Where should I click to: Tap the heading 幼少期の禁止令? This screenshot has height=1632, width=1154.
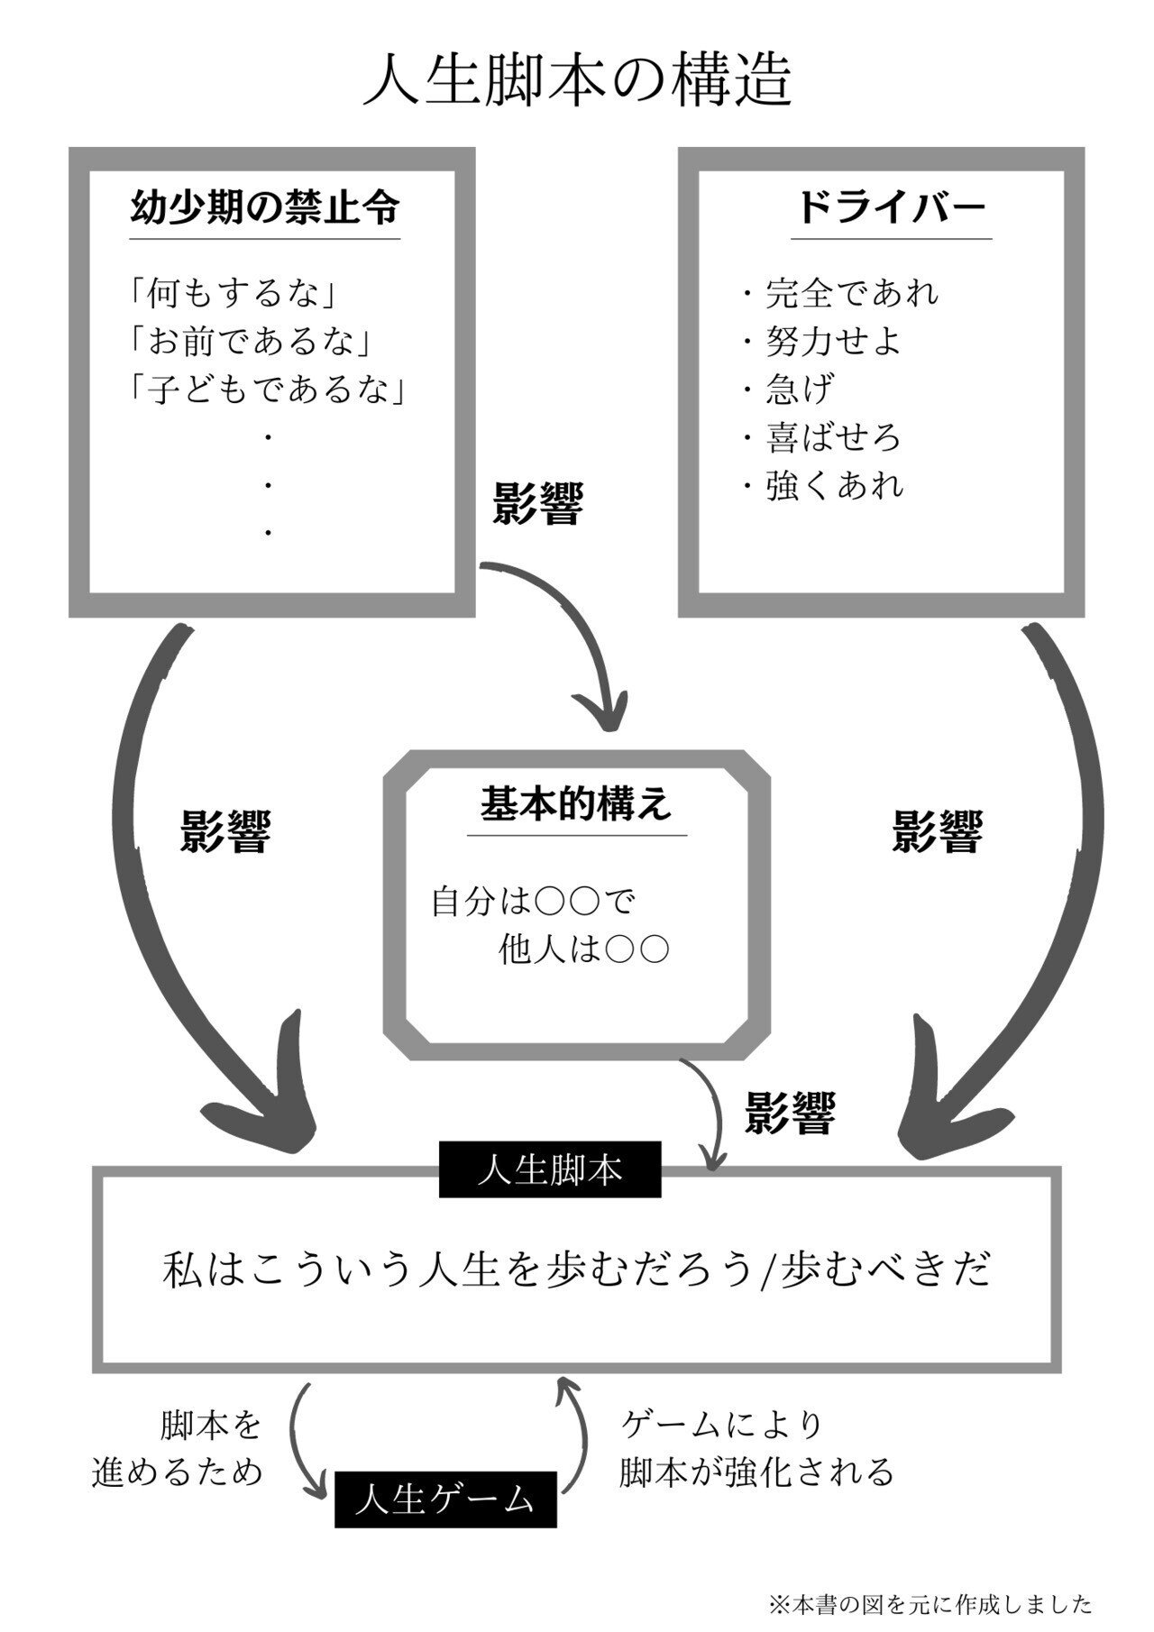[x=265, y=207]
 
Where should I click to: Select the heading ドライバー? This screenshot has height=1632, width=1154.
[x=891, y=207]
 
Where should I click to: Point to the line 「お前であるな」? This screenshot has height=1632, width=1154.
[x=250, y=341]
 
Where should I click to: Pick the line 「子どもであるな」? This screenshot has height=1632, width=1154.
[x=265, y=390]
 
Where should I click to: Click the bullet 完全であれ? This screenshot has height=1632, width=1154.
[x=851, y=292]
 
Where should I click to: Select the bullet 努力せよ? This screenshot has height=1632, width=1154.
[x=832, y=341]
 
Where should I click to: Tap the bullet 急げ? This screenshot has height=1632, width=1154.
[x=799, y=390]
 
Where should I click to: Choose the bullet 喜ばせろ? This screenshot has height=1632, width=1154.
[x=832, y=437]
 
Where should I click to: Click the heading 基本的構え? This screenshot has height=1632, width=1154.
[x=576, y=802]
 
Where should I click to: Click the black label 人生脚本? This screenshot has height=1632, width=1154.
[x=550, y=1170]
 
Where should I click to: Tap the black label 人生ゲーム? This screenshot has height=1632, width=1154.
[x=445, y=1499]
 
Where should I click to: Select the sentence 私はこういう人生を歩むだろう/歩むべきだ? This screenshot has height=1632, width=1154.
[x=577, y=1270]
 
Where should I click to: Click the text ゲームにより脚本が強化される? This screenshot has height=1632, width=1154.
[x=756, y=1448]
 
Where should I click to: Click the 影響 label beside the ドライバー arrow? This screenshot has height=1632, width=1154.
[x=937, y=831]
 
